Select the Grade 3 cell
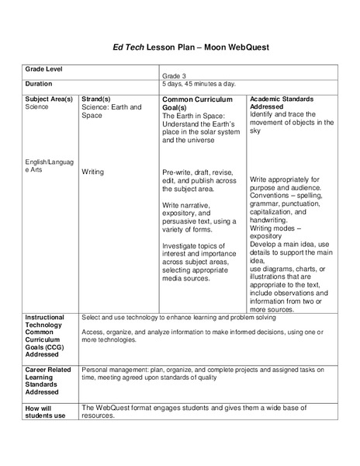[x=175, y=76]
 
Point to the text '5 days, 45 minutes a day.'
[x=199, y=84]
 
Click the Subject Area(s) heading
[x=49, y=99]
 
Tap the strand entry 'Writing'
[x=95, y=172]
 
